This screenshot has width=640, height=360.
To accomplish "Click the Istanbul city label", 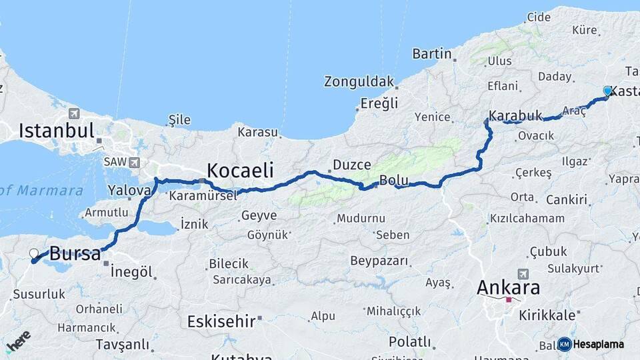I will point(56,130).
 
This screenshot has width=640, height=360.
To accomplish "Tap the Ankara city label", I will point(508,288).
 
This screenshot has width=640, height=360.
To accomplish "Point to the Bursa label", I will point(75,253).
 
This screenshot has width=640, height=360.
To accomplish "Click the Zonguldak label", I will point(359,81).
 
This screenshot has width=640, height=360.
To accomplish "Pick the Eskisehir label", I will point(221,321).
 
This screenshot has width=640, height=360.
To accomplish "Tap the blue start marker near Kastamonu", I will point(607,91).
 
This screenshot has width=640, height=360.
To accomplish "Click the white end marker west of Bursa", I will point(34,253).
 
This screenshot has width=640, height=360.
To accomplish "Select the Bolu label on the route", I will point(393,180).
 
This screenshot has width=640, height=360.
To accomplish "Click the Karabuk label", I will point(515,115).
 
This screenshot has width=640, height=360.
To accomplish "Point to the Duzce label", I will point(351,164).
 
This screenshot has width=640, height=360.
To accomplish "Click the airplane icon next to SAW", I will point(135,162).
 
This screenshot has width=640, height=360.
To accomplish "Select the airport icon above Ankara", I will point(523,274).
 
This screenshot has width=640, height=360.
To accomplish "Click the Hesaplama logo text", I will point(598,344).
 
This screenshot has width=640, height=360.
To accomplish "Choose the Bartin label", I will point(432,53).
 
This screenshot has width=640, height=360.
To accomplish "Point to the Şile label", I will point(179,120).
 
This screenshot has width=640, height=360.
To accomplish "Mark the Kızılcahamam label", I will point(527,218).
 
